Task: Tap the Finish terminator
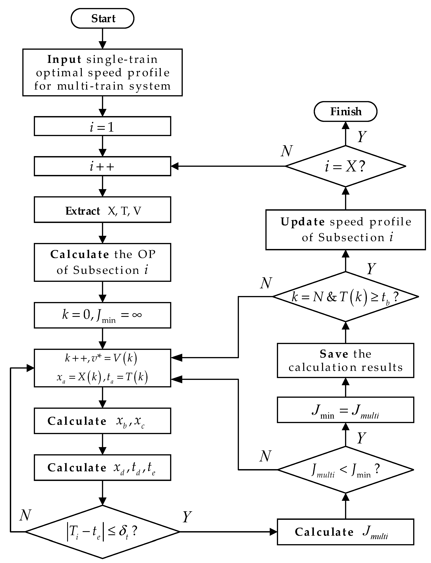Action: click(345, 111)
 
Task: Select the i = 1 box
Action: click(102, 126)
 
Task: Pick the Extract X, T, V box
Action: click(102, 211)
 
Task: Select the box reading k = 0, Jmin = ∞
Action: click(102, 315)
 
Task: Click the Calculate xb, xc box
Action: click(102, 421)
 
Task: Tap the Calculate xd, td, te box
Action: click(102, 468)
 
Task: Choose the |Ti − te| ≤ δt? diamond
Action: click(102, 531)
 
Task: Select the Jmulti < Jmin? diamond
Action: click(345, 470)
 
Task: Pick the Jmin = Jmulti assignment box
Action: click(345, 410)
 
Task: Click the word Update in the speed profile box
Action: click(303, 222)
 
